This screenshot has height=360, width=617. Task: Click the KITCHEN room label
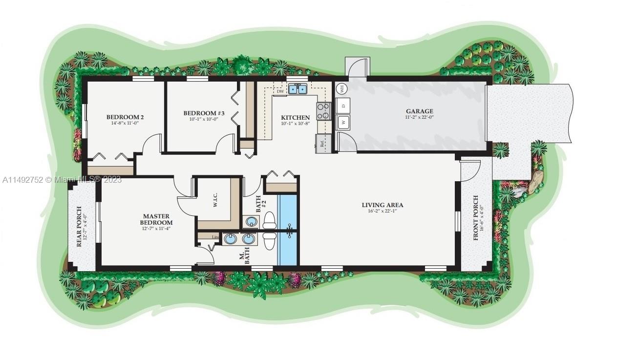(x=295, y=118)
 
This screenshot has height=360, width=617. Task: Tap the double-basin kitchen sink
(x=297, y=89)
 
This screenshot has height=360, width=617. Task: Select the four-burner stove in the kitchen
(x=323, y=111)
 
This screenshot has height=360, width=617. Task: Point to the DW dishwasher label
(x=280, y=91)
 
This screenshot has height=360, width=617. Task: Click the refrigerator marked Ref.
(x=323, y=144)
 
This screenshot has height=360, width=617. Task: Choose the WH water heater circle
(x=341, y=88)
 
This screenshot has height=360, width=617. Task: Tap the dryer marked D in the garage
(x=343, y=106)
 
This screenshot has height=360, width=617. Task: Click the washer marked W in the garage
(x=343, y=122)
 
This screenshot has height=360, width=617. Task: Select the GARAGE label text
(x=419, y=111)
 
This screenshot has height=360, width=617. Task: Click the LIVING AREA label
(x=382, y=205)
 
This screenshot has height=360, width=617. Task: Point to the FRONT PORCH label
(x=477, y=217)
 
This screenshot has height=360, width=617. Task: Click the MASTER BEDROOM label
(x=156, y=219)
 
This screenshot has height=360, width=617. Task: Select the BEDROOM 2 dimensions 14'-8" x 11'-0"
(x=125, y=123)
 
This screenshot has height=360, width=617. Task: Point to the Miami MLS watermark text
(x=61, y=180)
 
